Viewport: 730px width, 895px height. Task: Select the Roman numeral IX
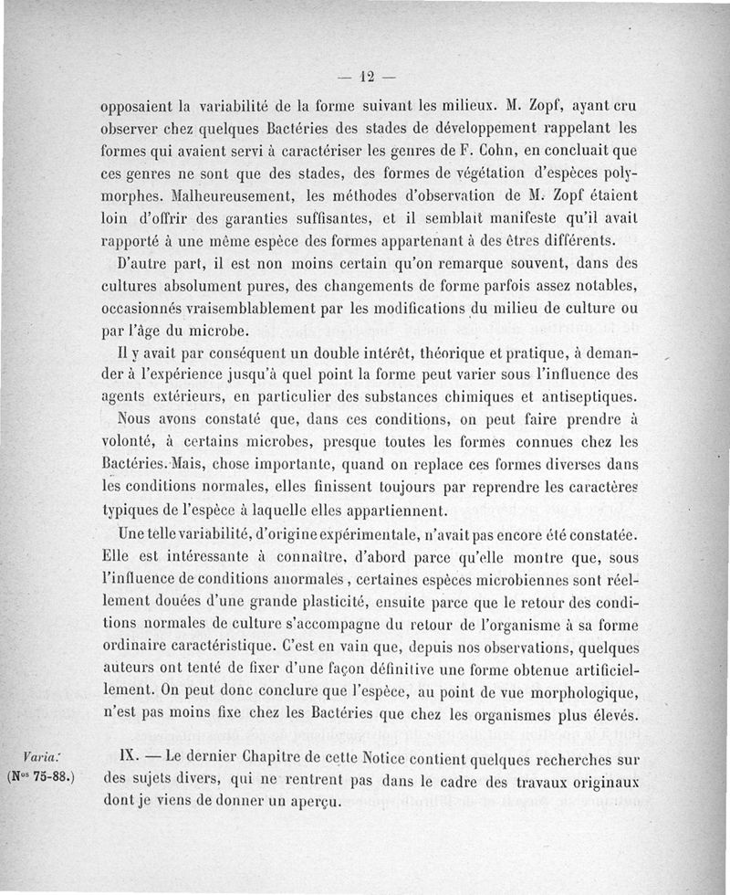[x=130, y=756]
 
